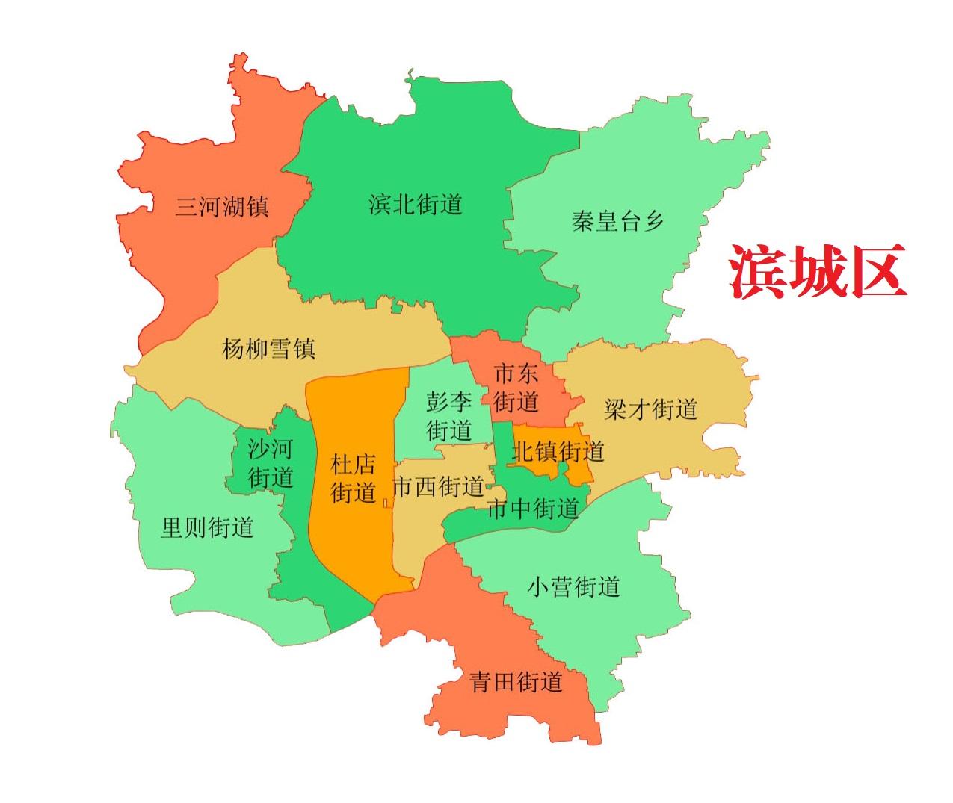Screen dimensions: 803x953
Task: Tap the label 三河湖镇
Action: point(222,206)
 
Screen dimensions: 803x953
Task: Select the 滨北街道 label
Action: point(416,204)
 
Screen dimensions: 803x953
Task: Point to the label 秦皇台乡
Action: point(617,221)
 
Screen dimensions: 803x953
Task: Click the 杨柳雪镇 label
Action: point(268,348)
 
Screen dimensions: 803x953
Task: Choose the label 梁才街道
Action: point(650,409)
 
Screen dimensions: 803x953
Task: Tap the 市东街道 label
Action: point(516,388)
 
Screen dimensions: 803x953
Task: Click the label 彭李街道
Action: point(449,417)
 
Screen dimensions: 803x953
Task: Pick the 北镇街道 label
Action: point(558,451)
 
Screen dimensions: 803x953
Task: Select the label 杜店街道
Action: point(353,479)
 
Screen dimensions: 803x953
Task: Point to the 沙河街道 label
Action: point(271,463)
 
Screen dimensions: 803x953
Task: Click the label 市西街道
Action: point(438,488)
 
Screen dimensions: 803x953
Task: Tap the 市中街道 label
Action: point(532,509)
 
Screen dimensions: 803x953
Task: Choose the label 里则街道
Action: point(208,527)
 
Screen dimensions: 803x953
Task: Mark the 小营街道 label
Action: point(574,586)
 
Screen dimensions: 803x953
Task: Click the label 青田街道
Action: point(516,681)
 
